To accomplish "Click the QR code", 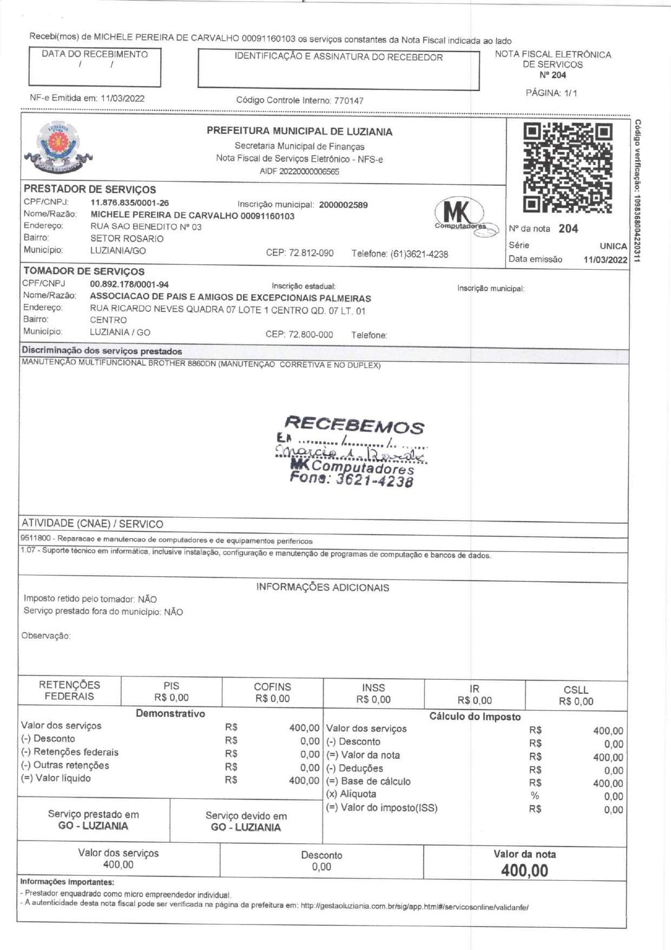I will (568, 167).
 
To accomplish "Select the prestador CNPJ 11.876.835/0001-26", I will (129, 203).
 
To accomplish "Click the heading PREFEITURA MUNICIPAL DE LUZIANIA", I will (299, 132).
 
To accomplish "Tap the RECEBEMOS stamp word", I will (354, 425).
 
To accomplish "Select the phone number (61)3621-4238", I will (419, 254).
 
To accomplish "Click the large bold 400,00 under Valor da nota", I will (524, 870).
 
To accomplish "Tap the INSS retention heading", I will (373, 687).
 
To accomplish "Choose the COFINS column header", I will (272, 687).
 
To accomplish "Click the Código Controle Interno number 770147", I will (348, 101).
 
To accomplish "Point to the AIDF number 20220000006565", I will (309, 172).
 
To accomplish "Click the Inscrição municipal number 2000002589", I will (343, 205).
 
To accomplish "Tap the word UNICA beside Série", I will (613, 246).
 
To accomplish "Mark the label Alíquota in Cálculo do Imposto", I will (358, 794).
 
